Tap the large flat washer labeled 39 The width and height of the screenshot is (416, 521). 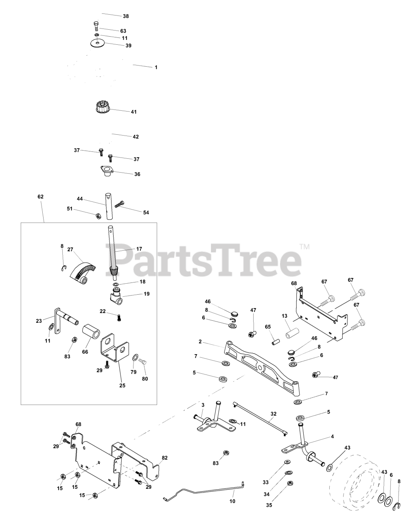tap(97, 44)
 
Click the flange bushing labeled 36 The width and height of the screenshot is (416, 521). tap(107, 171)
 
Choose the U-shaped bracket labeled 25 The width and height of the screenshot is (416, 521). tap(114, 348)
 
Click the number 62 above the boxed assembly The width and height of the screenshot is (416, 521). tap(40, 197)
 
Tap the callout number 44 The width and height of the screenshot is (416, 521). tap(80, 199)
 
